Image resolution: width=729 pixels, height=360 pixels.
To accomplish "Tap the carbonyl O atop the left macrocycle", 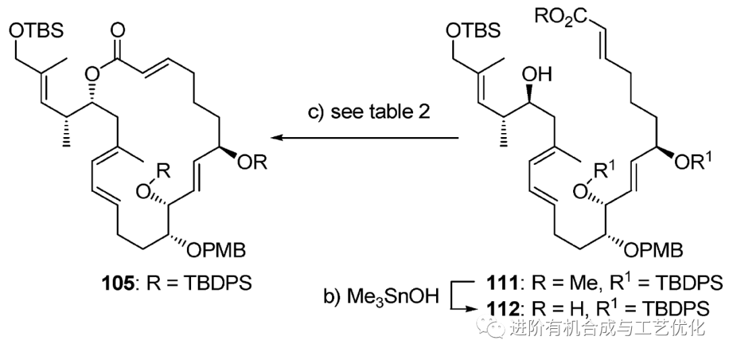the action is pos(119,28).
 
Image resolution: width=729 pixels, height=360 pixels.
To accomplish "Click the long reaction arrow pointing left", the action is pos(364,139).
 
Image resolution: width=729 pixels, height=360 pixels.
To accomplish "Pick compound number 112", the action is pos(503,308).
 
